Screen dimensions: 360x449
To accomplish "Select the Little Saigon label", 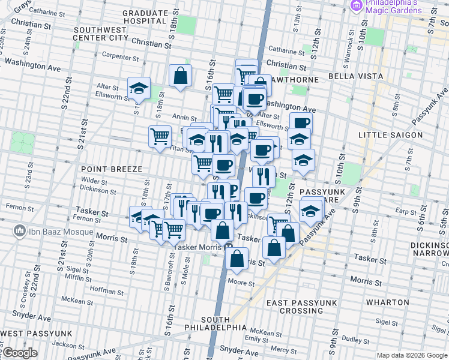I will coord(390,135).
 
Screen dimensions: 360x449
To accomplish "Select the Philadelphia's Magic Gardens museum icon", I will coord(356,5).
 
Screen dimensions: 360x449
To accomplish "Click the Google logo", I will coord(20,353).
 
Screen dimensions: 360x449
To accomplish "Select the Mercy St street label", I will coord(279,349).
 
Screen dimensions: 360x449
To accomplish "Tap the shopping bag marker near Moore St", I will coord(237,259).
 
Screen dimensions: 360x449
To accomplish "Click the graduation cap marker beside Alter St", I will coord(139,88).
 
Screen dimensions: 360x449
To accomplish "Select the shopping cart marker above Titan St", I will coord(160,136).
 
